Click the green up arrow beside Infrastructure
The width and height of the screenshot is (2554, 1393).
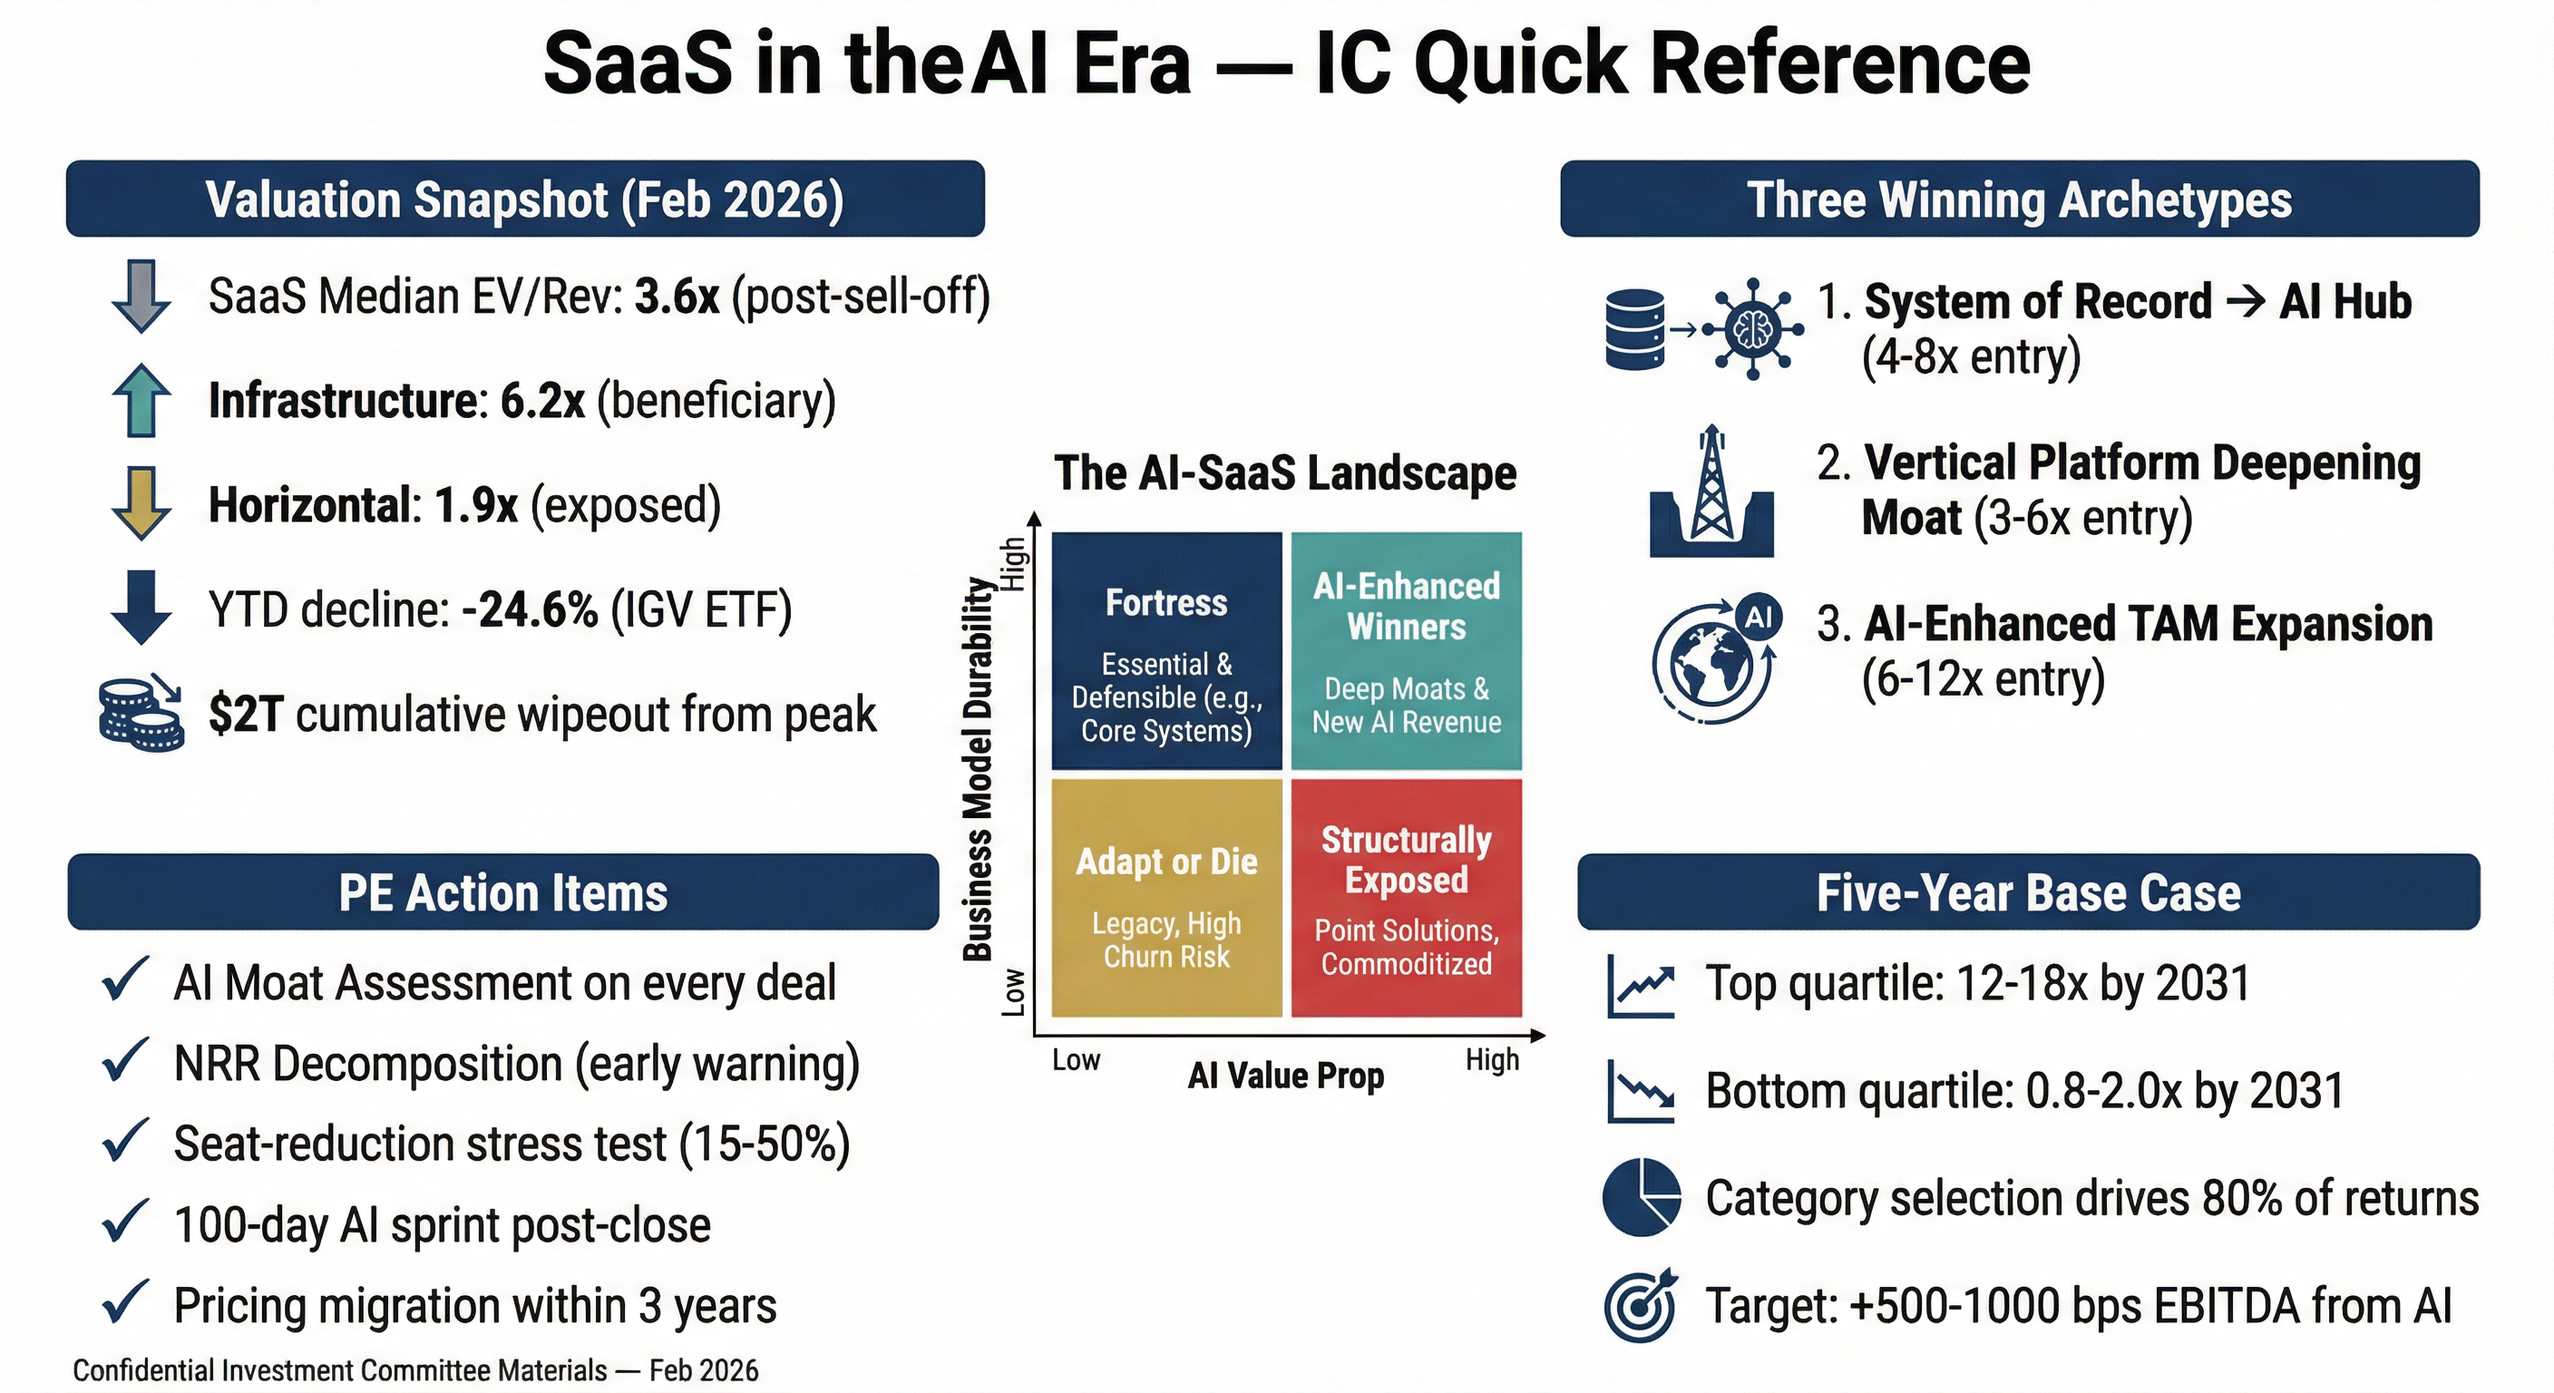tap(141, 401)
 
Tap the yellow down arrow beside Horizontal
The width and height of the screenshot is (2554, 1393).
tap(141, 503)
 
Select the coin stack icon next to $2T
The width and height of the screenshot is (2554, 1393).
tap(141, 714)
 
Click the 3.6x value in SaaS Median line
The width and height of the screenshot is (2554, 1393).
tap(677, 297)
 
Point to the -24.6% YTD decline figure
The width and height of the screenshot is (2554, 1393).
tap(531, 609)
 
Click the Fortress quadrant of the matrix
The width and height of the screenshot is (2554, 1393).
tap(1167, 651)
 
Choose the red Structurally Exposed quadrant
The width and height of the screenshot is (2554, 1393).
tap(1406, 898)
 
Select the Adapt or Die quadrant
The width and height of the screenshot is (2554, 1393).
tap(1167, 898)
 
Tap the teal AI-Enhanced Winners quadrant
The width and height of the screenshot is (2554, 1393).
tap(1406, 651)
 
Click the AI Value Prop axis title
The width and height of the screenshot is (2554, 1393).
tap(1286, 1076)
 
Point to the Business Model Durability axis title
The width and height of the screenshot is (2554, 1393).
tap(979, 769)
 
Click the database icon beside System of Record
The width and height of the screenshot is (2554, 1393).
tap(1635, 330)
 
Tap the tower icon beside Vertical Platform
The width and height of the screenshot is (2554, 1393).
tap(1712, 491)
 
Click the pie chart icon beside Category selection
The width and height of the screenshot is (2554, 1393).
tap(1642, 1197)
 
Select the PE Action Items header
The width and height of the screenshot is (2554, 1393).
tap(503, 892)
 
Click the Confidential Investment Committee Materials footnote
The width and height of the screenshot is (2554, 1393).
tap(415, 1370)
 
